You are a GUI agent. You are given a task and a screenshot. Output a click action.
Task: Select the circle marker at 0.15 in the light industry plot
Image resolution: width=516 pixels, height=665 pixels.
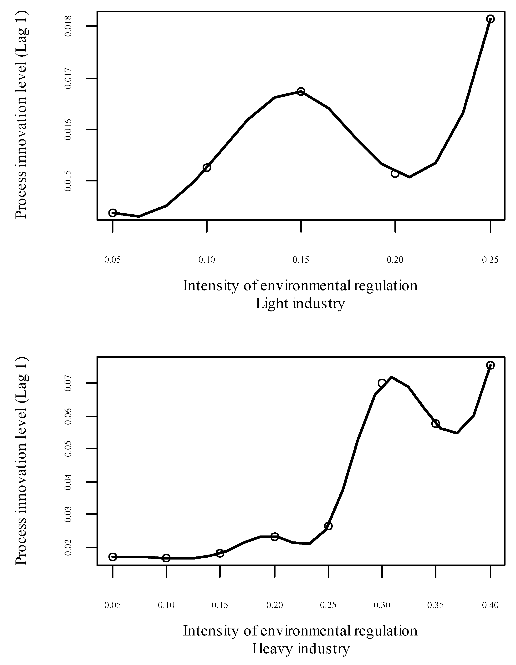coord(301,91)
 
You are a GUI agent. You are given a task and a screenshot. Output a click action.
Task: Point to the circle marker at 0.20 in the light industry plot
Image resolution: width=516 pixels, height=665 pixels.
coord(395,174)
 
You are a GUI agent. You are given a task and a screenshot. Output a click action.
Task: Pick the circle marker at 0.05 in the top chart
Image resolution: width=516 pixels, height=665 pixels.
coord(113,213)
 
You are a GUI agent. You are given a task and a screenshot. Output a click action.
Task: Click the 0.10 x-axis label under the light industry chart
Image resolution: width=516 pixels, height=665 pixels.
coord(207,260)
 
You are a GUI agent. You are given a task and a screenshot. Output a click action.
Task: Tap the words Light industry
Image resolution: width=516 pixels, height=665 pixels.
coord(300,304)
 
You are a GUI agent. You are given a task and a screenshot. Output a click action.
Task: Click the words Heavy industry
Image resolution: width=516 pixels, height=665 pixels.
coord(301,649)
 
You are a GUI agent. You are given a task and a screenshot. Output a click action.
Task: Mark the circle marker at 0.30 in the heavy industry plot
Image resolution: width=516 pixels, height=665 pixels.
coord(382,383)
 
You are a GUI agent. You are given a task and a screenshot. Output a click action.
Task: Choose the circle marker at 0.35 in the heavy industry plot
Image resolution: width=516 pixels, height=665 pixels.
coord(435,424)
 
